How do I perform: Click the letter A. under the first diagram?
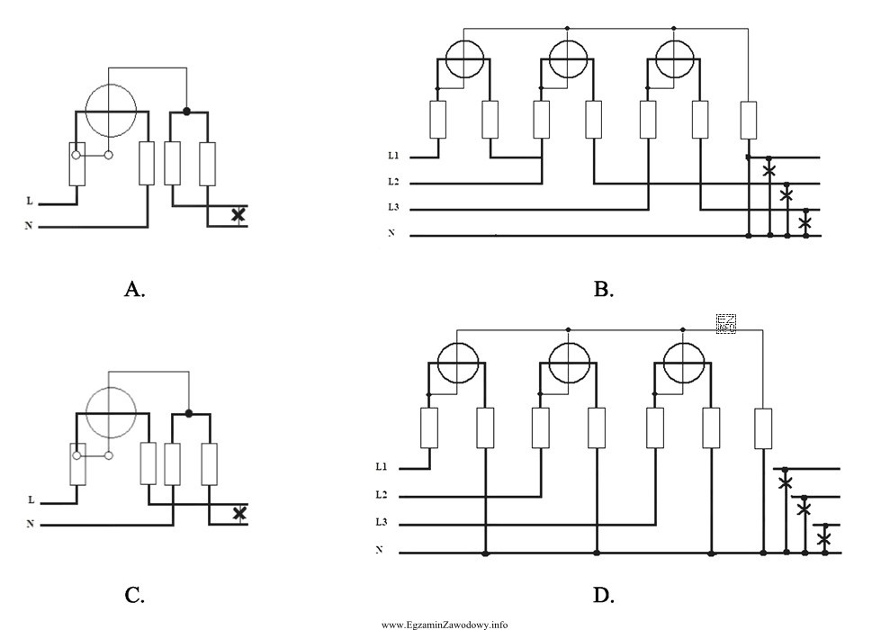[x=134, y=289]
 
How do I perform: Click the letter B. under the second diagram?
[x=603, y=289]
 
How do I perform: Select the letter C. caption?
[x=134, y=594]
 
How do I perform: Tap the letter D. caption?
[x=603, y=594]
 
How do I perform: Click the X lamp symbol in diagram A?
[x=238, y=215]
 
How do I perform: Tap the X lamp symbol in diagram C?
[x=238, y=513]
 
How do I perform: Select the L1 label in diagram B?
[x=393, y=157]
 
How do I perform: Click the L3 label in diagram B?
[x=393, y=209]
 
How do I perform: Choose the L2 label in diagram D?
[x=382, y=496]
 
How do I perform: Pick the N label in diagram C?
[x=30, y=524]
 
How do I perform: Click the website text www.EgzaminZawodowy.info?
[x=445, y=624]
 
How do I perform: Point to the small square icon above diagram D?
[x=726, y=324]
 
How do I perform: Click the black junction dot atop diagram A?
[x=186, y=112]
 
